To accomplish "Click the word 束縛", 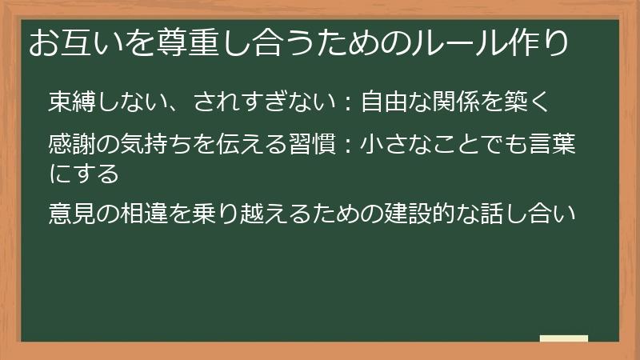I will (70, 102).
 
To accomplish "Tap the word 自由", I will (382, 102).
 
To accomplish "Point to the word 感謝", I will (70, 146).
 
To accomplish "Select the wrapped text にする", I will (83, 172).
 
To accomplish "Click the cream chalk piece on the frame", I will (563, 339).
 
